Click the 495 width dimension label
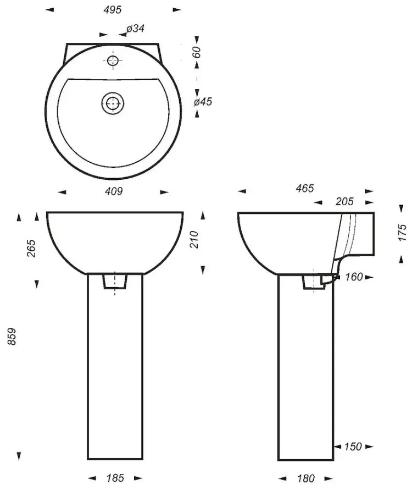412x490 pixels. [x=113, y=10]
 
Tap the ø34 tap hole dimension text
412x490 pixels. [x=136, y=29]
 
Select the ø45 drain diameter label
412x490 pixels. [x=203, y=102]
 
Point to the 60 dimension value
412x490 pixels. [x=196, y=52]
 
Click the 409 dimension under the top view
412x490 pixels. [x=114, y=191]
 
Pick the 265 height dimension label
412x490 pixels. [x=31, y=248]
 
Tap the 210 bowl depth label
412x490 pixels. [x=194, y=239]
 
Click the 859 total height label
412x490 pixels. [x=12, y=336]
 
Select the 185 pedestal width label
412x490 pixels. [x=115, y=478]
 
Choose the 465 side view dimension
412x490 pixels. [x=305, y=188]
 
